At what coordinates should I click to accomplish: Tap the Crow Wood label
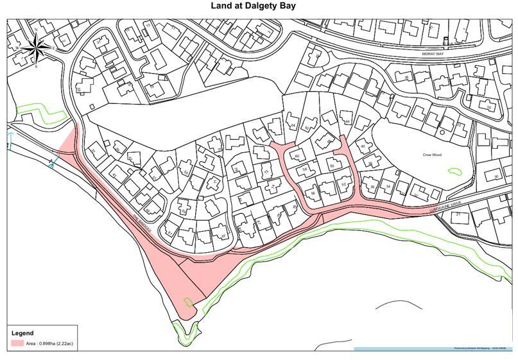(432, 155)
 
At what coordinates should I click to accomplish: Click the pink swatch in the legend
(17, 343)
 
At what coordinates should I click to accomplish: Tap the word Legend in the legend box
(23, 333)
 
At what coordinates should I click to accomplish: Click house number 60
(297, 156)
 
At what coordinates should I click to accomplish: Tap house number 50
(332, 166)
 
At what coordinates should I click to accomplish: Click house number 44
(347, 121)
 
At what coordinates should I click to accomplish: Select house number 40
(363, 147)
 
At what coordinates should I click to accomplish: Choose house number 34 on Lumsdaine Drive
(387, 186)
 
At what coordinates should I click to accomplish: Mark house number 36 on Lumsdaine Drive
(372, 187)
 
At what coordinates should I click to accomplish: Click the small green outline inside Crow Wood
(454, 171)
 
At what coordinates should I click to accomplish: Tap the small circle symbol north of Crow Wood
(442, 132)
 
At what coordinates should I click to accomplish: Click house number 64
(293, 124)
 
